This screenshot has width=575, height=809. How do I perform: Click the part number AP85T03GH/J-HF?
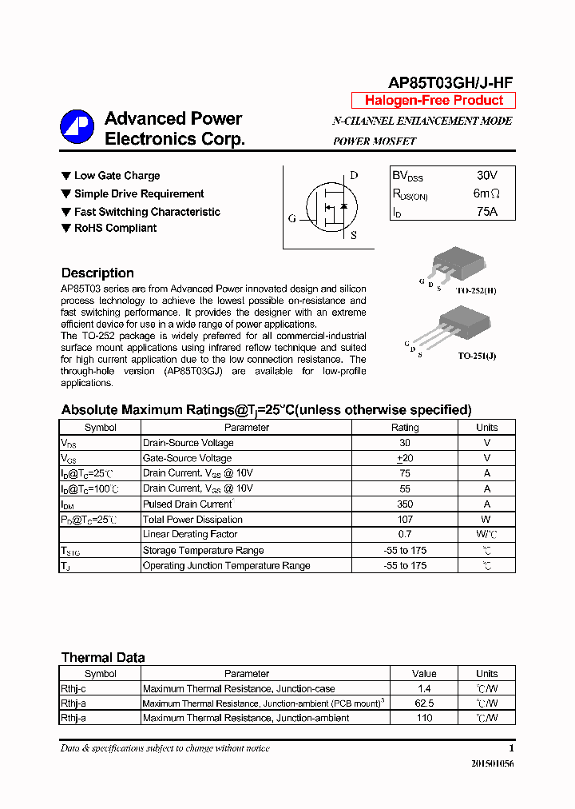tap(450, 82)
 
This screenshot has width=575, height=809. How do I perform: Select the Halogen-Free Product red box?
tap(434, 101)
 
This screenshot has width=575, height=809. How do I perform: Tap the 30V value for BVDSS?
tap(486, 175)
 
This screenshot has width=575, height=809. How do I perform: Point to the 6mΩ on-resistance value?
tap(486, 193)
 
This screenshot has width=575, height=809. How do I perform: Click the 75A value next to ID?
tap(486, 212)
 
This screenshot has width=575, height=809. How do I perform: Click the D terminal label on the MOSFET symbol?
tap(354, 176)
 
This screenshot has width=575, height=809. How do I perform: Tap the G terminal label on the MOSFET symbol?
tap(292, 218)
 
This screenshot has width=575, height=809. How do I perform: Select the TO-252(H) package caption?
tap(476, 291)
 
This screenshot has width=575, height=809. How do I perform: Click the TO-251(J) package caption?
tap(477, 356)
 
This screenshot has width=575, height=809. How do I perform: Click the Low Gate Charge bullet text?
tap(117, 176)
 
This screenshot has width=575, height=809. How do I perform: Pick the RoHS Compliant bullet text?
tap(115, 228)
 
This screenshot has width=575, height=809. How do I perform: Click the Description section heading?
tap(97, 273)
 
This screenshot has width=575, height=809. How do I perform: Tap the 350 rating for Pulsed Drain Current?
tap(405, 504)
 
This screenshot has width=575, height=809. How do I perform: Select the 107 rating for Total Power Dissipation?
tap(405, 520)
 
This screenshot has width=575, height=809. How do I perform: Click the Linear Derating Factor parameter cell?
tap(189, 534)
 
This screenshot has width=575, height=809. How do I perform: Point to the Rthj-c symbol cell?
tap(73, 688)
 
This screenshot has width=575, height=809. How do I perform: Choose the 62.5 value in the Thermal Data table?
tap(424, 703)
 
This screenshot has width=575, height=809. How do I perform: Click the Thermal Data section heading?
tap(103, 657)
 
